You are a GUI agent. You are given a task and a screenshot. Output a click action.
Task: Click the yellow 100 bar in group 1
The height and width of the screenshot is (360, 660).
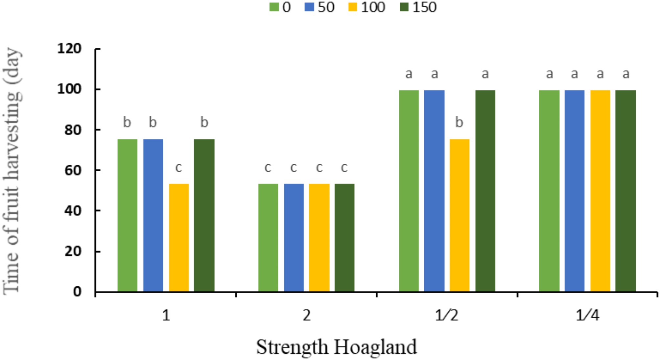[x=179, y=237]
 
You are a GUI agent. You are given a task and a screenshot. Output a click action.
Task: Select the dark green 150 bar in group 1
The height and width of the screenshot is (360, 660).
[x=204, y=215]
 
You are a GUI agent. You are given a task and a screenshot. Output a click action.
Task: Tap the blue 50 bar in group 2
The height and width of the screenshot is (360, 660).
[x=294, y=237]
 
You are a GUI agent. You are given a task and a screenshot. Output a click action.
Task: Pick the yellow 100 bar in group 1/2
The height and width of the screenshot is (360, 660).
[x=459, y=215]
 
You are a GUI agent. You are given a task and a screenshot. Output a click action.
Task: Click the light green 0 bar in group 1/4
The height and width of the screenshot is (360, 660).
[x=549, y=191]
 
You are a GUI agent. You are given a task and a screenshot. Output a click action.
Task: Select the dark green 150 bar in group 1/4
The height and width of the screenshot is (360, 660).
[x=625, y=191]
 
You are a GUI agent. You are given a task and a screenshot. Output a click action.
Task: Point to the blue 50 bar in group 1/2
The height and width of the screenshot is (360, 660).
[x=434, y=191]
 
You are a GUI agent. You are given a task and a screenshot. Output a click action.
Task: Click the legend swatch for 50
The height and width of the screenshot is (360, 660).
[x=309, y=7]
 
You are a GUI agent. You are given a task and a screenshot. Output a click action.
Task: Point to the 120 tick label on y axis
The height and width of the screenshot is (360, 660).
[x=69, y=49]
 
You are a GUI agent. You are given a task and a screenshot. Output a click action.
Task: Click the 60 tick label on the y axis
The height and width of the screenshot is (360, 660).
[x=73, y=170]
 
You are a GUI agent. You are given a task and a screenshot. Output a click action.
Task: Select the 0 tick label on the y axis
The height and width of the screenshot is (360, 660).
[x=77, y=292]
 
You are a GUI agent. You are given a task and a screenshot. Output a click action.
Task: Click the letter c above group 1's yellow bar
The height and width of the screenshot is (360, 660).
[x=178, y=168]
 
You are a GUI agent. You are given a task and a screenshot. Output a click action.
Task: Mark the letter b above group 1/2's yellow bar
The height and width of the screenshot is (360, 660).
[x=459, y=122]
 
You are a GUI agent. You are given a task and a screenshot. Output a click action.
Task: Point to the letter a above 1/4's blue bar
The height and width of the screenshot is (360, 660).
[x=574, y=74]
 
